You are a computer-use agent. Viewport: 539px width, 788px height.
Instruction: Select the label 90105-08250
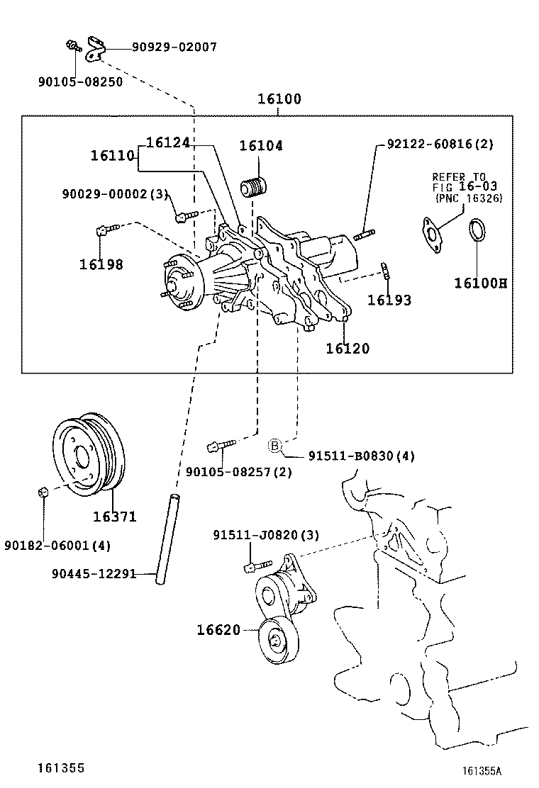point(80,81)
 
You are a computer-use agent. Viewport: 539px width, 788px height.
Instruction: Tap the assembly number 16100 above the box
point(279,99)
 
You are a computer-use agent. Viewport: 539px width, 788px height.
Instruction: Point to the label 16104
point(260,146)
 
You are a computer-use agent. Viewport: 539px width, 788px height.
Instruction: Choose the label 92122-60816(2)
point(440,144)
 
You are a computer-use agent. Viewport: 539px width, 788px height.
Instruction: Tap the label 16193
point(389,300)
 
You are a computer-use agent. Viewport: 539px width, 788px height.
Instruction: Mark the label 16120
point(348,348)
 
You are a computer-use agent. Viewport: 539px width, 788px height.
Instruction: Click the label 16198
point(101,264)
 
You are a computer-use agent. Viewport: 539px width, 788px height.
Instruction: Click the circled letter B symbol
point(275,445)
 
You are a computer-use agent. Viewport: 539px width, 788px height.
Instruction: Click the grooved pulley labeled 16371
point(89,454)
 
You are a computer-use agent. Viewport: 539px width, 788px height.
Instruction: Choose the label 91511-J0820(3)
point(265,536)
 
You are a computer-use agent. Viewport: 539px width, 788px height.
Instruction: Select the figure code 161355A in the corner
point(487,771)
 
